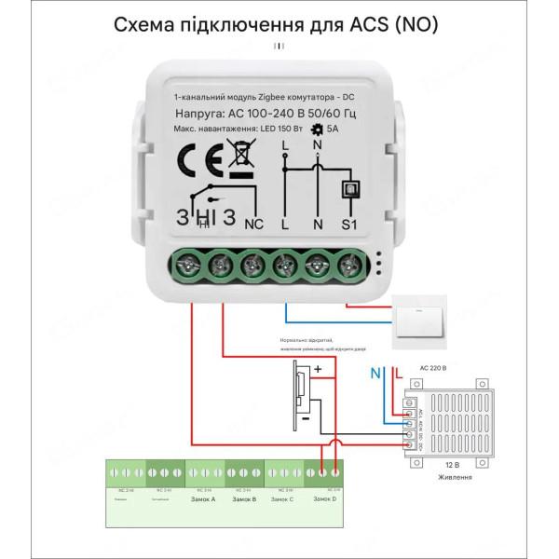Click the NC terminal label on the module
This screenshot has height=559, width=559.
coord(253,224)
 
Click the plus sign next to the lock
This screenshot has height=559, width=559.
coord(317,369)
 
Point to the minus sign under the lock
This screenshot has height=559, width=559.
coord(304,419)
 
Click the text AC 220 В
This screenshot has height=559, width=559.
coord(434,368)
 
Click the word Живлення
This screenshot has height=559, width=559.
coord(454,476)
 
